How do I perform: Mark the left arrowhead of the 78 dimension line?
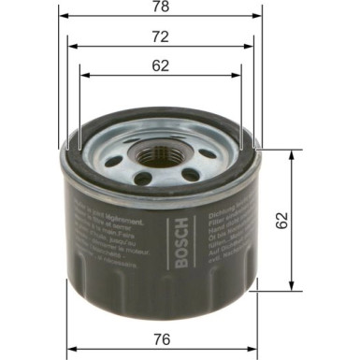(63, 19)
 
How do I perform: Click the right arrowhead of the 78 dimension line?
(261, 19)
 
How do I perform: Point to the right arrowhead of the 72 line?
(251, 48)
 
